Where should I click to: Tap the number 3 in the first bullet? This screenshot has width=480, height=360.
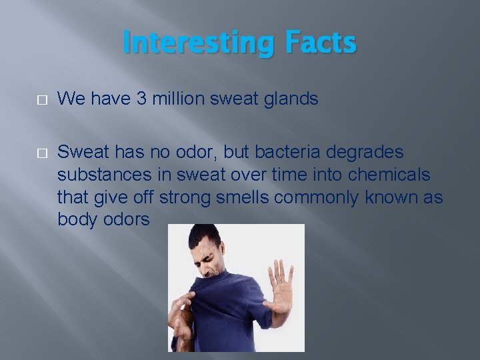(142, 99)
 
